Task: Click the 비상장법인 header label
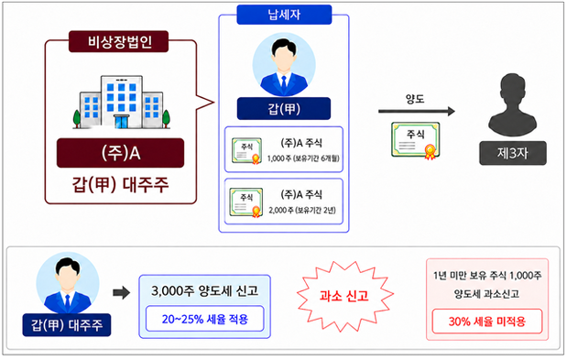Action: tap(118, 41)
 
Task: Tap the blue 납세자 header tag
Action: tap(284, 15)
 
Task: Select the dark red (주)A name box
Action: tap(120, 153)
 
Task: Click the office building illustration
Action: tap(122, 102)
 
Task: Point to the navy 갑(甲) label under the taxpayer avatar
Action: tap(284, 108)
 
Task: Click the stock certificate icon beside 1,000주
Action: tap(246, 151)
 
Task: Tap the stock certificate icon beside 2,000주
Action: tap(246, 202)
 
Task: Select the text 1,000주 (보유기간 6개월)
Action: tap(303, 158)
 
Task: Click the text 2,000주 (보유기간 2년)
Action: tap(302, 211)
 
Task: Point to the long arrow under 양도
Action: tap(417, 112)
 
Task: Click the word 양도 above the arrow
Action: tap(415, 99)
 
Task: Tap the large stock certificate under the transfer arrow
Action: tap(416, 140)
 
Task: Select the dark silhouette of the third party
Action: tap(512, 105)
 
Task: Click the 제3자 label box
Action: tap(513, 153)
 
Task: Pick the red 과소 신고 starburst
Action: tap(344, 296)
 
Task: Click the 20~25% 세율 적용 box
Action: tap(204, 319)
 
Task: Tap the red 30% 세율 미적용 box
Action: tap(487, 321)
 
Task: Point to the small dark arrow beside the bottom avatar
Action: tap(121, 292)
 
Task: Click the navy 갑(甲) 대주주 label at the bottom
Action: tap(67, 325)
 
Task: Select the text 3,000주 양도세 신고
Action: tap(204, 290)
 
